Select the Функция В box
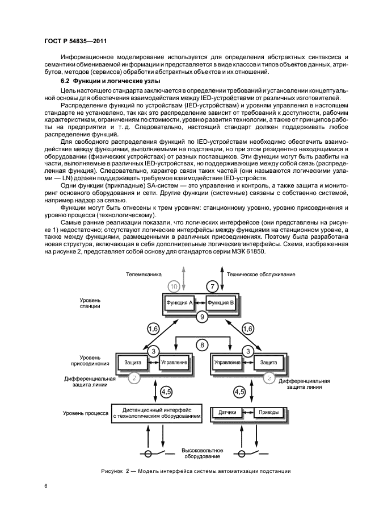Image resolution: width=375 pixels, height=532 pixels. tap(221, 302)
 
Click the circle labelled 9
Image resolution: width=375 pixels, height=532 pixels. tap(201, 317)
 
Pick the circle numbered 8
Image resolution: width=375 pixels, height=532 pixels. tap(201, 343)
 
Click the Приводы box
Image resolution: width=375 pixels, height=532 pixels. tap(266, 412)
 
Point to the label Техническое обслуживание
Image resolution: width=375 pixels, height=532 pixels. tap(261, 275)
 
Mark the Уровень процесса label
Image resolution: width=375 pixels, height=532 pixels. tap(85, 413)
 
